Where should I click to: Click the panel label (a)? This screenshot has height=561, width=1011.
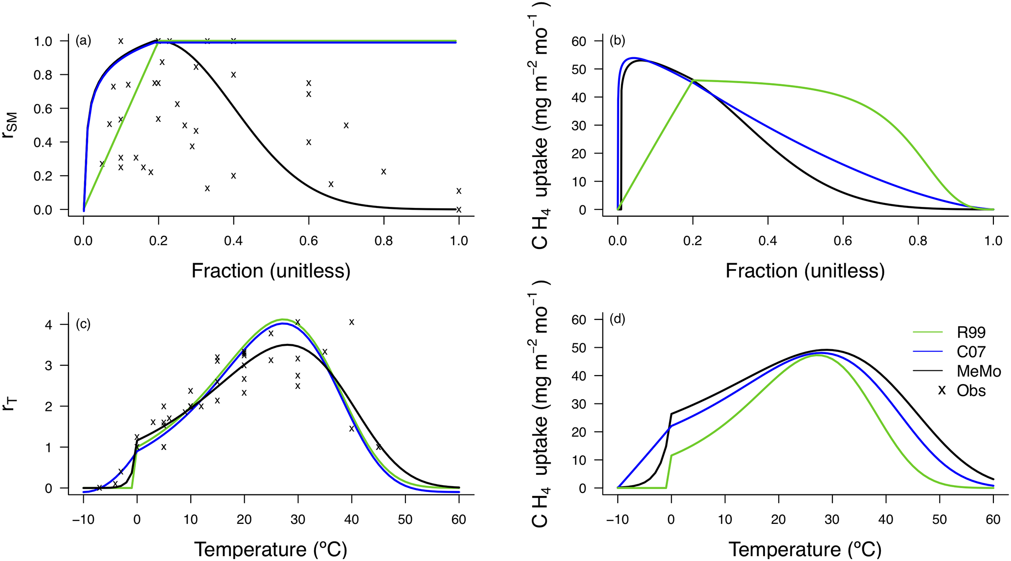pyautogui.click(x=83, y=41)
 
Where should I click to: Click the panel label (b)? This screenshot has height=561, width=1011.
pyautogui.click(x=617, y=41)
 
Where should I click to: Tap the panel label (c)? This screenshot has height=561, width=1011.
pyautogui.click(x=83, y=325)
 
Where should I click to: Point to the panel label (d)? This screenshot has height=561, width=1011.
pyautogui.click(x=617, y=320)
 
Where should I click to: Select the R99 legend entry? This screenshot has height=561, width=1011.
pyautogui.click(x=971, y=333)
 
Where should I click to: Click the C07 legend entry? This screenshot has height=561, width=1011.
pyautogui.click(x=971, y=352)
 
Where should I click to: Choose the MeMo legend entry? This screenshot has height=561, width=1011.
pyautogui.click(x=979, y=371)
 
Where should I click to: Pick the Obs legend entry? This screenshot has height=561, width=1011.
pyautogui.click(x=971, y=391)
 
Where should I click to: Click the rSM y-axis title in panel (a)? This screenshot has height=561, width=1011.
pyautogui.click(x=11, y=125)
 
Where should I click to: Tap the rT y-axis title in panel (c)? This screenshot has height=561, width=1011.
pyautogui.click(x=11, y=404)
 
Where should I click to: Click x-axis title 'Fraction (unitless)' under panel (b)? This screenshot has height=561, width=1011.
pyautogui.click(x=805, y=271)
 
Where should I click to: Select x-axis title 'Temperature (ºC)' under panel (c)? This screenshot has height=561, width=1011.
pyautogui.click(x=270, y=549)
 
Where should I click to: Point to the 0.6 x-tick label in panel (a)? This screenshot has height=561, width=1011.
pyautogui.click(x=309, y=241)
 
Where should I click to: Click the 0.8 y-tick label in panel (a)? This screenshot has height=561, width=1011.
pyautogui.click(x=43, y=75)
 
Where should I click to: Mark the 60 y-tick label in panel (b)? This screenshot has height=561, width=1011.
pyautogui.click(x=579, y=41)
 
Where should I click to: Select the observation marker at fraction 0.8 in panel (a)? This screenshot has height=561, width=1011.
pyautogui.click(x=384, y=172)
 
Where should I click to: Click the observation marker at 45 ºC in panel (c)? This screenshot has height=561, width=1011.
pyautogui.click(x=379, y=447)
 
